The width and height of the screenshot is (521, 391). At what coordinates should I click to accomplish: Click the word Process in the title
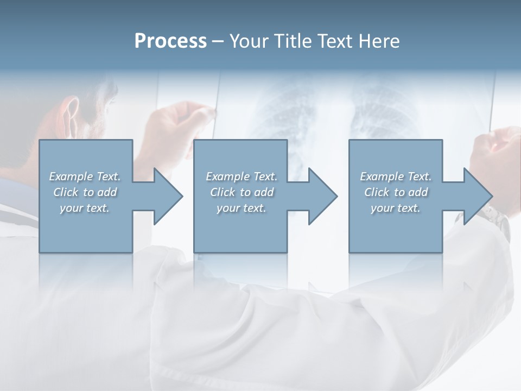click(170, 41)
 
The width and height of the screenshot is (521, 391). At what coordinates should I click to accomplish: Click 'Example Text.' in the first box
click(85, 176)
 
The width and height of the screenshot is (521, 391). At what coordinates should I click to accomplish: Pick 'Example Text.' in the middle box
click(242, 176)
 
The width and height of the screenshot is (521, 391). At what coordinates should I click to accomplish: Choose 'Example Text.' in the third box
click(396, 176)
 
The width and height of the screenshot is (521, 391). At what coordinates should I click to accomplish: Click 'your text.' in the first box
click(85, 208)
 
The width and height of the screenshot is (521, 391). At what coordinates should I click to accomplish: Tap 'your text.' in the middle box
click(242, 208)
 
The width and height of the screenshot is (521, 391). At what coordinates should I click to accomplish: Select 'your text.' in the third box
click(396, 208)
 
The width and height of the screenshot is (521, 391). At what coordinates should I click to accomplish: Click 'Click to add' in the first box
click(85, 192)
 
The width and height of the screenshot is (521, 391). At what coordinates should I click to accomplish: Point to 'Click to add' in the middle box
click(242, 192)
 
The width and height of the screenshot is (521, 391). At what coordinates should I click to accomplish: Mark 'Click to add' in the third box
click(396, 192)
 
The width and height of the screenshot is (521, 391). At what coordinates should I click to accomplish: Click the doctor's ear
click(69, 111)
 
